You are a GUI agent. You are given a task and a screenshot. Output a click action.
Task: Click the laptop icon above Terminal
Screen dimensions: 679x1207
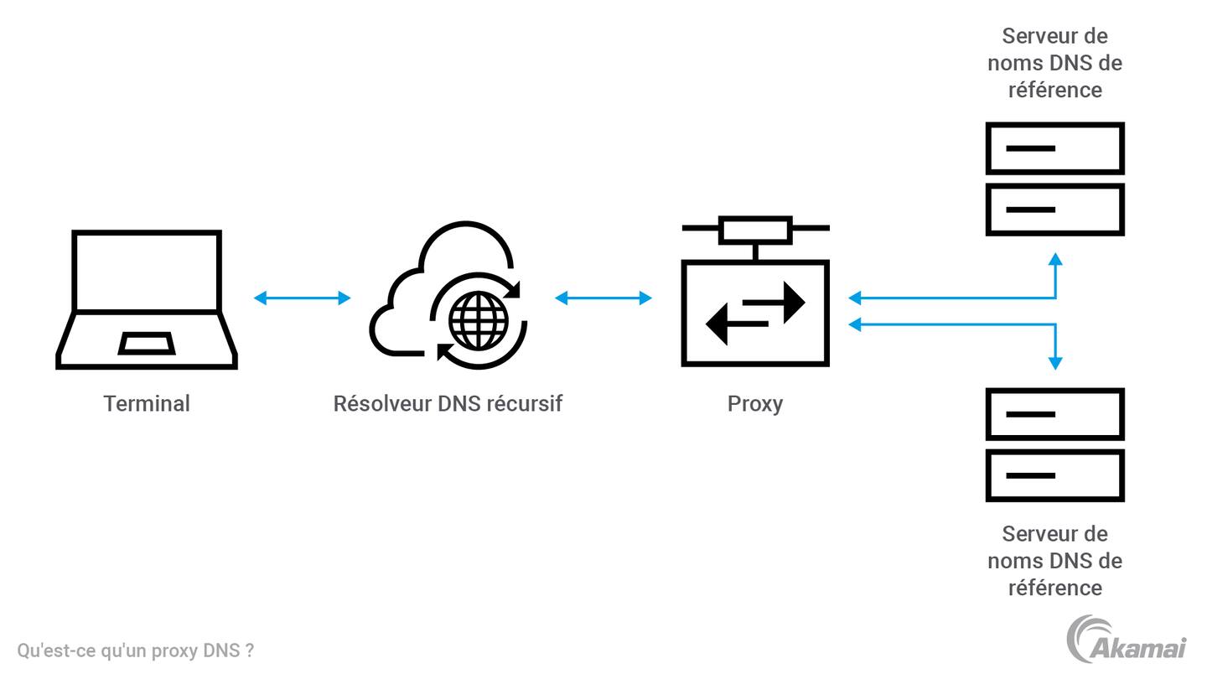[147, 299]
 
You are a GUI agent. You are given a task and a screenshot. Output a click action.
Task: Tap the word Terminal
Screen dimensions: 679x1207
[147, 403]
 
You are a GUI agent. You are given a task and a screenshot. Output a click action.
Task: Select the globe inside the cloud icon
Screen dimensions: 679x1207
[479, 319]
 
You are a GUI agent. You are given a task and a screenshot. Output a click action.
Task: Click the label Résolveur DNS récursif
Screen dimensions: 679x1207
[448, 403]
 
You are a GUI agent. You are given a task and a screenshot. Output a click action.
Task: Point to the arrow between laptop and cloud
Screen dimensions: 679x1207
[302, 298]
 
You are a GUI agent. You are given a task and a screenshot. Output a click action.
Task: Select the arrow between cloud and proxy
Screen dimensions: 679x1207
[603, 298]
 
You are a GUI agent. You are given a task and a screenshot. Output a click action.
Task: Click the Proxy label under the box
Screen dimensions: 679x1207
[755, 403]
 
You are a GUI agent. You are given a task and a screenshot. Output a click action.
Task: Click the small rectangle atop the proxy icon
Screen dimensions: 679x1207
[755, 228]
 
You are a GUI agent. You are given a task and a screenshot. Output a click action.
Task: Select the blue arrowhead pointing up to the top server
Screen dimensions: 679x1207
[1055, 260]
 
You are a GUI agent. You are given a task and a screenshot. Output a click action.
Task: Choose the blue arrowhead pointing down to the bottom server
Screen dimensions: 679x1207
[1055, 362]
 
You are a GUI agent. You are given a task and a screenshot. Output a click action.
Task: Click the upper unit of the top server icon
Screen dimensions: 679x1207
[1054, 148]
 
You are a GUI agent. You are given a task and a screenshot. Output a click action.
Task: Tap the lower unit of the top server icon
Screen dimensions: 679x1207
[1054, 210]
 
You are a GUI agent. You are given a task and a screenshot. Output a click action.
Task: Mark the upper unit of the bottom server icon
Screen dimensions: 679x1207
[1054, 414]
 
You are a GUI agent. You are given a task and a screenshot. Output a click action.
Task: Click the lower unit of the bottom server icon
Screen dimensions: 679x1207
[1054, 475]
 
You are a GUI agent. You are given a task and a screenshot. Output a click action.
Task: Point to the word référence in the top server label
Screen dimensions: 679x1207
[1054, 90]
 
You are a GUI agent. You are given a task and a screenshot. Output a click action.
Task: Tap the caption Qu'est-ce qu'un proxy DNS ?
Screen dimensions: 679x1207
[136, 650]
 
